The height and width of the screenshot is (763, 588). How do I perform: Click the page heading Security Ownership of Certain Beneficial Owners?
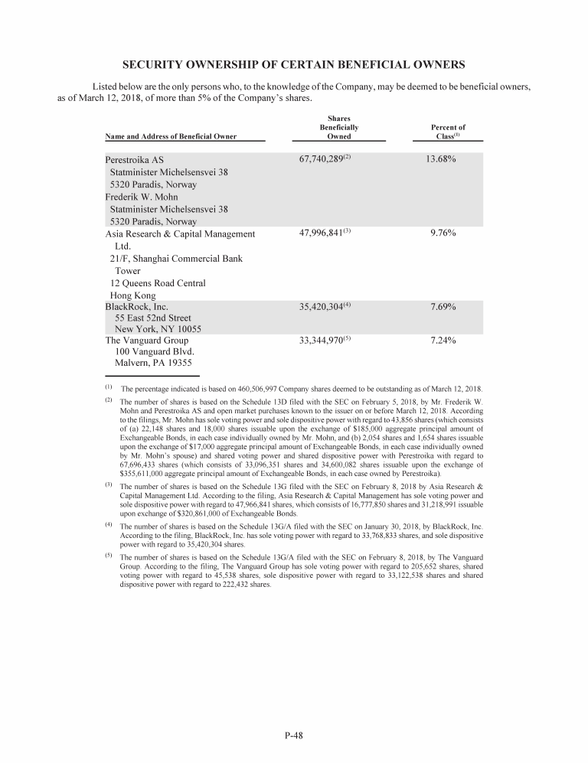tap(294, 64)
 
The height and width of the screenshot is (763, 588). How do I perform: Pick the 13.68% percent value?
tap(441, 159)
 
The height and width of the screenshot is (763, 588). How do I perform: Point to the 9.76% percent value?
tap(443, 233)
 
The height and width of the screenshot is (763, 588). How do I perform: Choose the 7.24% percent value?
tap(443, 341)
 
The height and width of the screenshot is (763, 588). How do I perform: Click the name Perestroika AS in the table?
tap(134, 161)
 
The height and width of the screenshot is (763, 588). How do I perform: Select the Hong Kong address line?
tap(133, 295)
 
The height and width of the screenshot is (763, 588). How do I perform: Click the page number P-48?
tap(294, 736)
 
